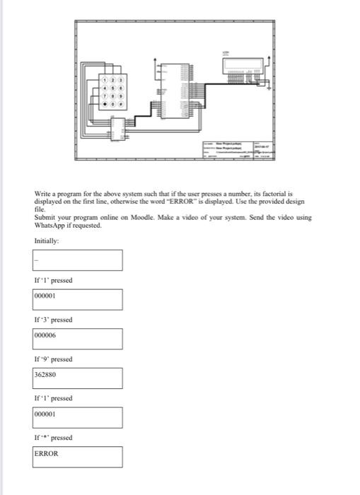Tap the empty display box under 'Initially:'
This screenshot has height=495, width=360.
(77, 260)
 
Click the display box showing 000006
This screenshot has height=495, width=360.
(77, 338)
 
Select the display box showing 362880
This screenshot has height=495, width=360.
(77, 378)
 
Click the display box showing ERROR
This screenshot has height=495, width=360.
(77, 456)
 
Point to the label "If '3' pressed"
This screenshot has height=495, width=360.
(54, 320)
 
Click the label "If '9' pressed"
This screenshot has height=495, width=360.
(54, 359)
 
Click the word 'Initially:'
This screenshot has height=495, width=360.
(47, 241)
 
